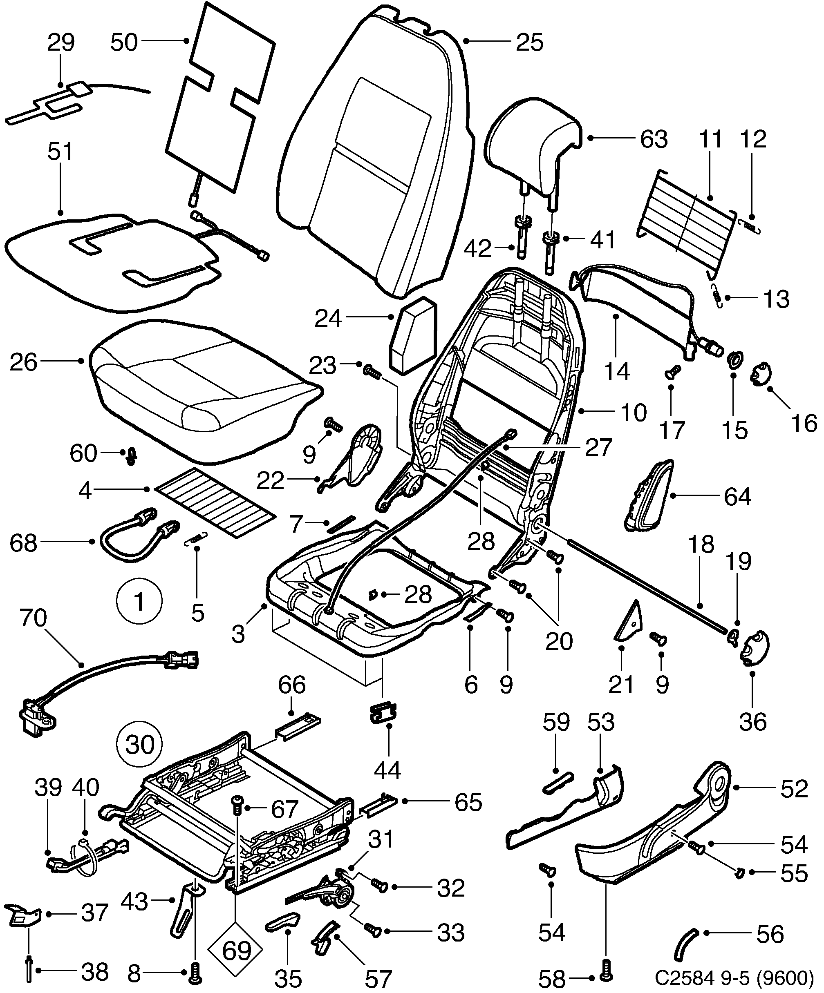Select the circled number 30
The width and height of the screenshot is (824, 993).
pos(140,744)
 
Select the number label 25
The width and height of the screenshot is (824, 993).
pos(529,42)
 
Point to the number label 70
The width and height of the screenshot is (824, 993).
pos(33,618)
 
